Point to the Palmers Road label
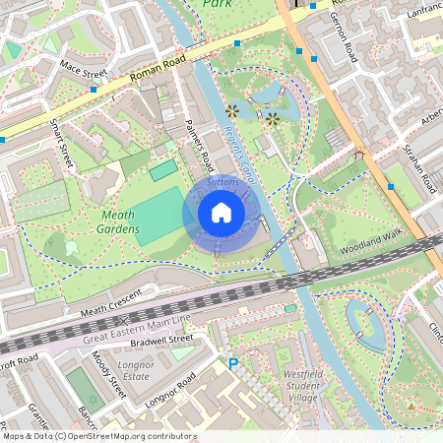pyautogui.click(x=199, y=144)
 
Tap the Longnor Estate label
pyautogui.click(x=135, y=371)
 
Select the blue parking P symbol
pyautogui.click(x=233, y=363)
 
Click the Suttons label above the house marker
pyautogui.click(x=223, y=183)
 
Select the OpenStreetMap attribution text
pyautogui.click(x=98, y=436)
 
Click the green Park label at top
pyautogui.click(x=219, y=5)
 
